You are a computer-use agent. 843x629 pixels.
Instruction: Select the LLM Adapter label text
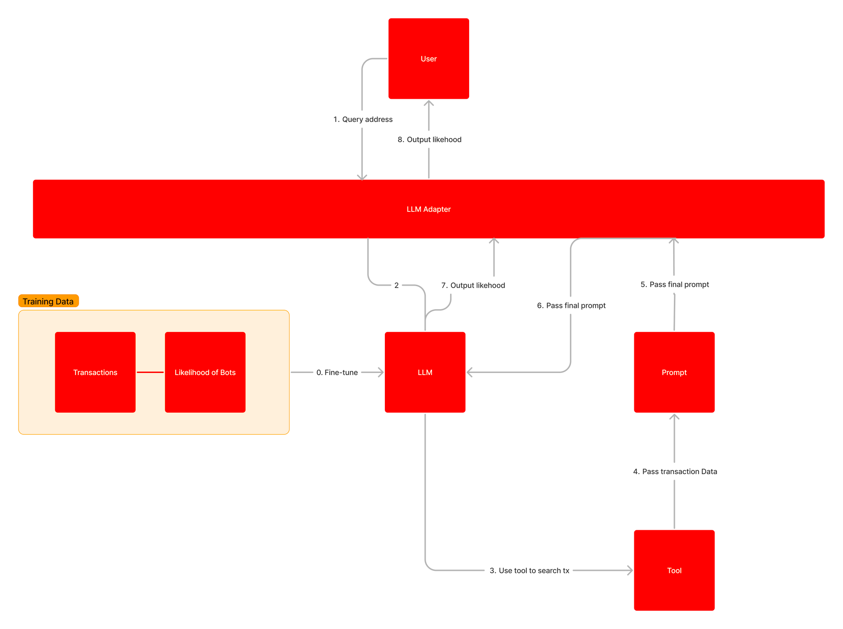tap(428, 209)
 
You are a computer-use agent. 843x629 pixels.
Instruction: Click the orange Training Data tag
tap(48, 301)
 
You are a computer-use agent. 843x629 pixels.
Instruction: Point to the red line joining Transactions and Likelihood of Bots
tap(150, 372)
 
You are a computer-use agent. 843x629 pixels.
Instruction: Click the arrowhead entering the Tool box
tap(630, 570)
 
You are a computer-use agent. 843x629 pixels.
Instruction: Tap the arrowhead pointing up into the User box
tap(429, 103)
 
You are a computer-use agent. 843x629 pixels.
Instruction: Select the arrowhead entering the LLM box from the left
tap(381, 372)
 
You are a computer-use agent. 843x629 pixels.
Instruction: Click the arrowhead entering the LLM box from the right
tap(470, 372)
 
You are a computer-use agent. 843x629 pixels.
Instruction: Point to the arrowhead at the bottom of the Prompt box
tap(674, 417)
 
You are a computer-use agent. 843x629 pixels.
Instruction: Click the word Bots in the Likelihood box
tap(228, 373)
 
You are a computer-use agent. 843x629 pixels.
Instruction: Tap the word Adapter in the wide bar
tap(437, 209)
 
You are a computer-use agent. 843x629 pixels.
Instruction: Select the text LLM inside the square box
tap(425, 373)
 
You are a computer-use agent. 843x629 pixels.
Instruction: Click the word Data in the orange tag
tap(64, 301)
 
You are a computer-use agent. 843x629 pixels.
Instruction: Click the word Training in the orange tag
tap(38, 301)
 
